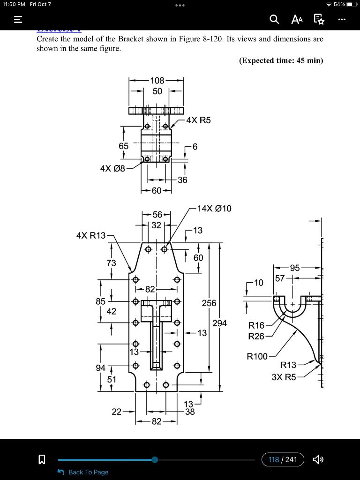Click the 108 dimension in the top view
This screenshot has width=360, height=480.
(x=157, y=81)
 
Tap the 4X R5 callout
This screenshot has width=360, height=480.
(x=198, y=120)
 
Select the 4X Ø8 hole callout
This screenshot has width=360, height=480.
(x=112, y=168)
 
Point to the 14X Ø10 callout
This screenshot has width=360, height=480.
(x=214, y=209)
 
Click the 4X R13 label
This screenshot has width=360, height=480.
(x=91, y=235)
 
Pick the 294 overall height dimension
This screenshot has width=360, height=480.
(x=219, y=323)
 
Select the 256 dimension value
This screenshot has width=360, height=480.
(x=209, y=303)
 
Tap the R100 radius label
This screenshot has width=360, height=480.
(x=257, y=357)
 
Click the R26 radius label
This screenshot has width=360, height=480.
(x=256, y=336)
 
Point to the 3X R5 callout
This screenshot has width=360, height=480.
(x=284, y=376)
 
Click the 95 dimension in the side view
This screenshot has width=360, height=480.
(x=294, y=268)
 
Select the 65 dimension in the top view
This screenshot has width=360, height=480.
(x=123, y=146)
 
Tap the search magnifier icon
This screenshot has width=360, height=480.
(x=274, y=19)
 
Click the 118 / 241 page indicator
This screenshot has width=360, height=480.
(x=283, y=459)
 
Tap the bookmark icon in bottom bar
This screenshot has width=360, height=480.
(x=41, y=460)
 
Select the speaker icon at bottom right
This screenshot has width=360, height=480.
(x=318, y=459)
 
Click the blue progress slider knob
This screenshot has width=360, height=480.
(x=155, y=460)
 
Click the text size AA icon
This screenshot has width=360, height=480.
(x=297, y=19)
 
